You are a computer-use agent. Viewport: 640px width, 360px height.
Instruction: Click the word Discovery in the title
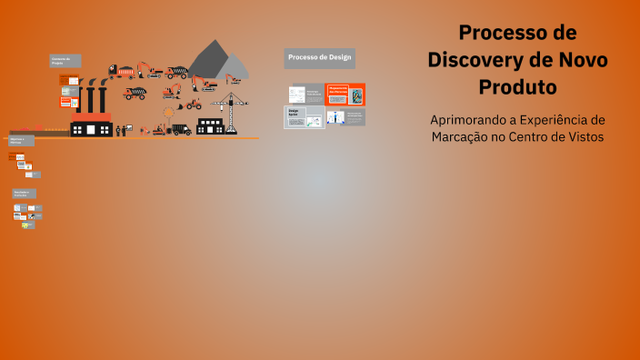tap(485, 60)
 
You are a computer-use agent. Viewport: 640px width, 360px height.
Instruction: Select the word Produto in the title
tap(517, 87)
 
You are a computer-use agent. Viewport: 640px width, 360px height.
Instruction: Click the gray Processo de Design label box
tap(318, 58)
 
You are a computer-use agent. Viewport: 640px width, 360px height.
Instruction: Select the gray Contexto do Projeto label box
tap(65, 61)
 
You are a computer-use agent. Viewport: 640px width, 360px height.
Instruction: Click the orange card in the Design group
tap(345, 95)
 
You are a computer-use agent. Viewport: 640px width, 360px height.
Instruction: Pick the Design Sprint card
tap(304, 116)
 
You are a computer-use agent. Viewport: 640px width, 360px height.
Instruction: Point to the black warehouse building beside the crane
tap(211, 125)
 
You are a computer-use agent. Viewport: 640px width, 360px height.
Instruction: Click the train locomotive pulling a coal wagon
tap(120, 71)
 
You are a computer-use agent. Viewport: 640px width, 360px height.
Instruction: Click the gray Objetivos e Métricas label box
tap(22, 141)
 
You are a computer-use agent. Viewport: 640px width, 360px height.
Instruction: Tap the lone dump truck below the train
tap(134, 93)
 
